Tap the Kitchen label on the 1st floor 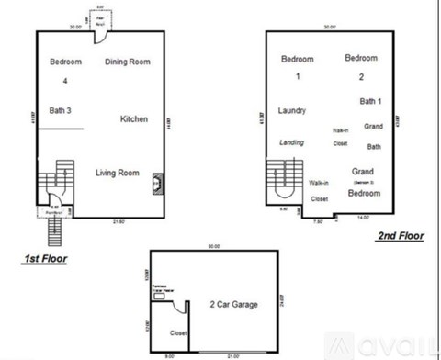point(133,119)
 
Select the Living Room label point(118,173)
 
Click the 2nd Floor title point(401,236)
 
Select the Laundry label point(291,110)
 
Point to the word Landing point(291,142)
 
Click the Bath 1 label point(370,101)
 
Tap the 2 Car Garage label point(233,304)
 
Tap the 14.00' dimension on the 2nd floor point(364,217)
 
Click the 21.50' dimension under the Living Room point(118,220)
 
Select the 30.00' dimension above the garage point(214,246)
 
